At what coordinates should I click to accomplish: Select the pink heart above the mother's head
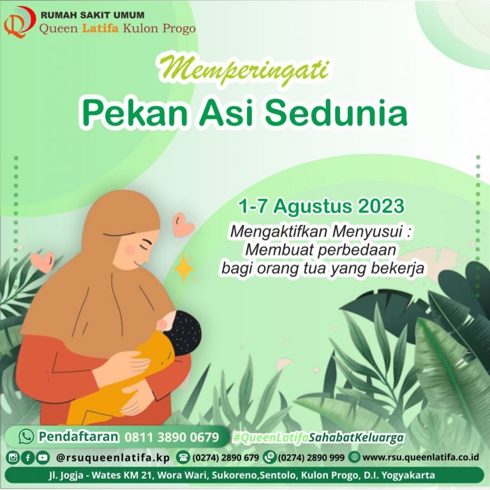point(184,224)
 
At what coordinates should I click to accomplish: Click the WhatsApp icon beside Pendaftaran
point(26,436)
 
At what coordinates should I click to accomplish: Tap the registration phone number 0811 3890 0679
point(172,437)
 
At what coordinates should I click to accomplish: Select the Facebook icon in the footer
point(27,457)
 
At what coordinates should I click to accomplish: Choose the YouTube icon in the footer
point(42,457)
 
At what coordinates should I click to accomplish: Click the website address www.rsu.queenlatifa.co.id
point(420,457)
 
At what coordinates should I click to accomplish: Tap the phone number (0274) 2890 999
point(311,457)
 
